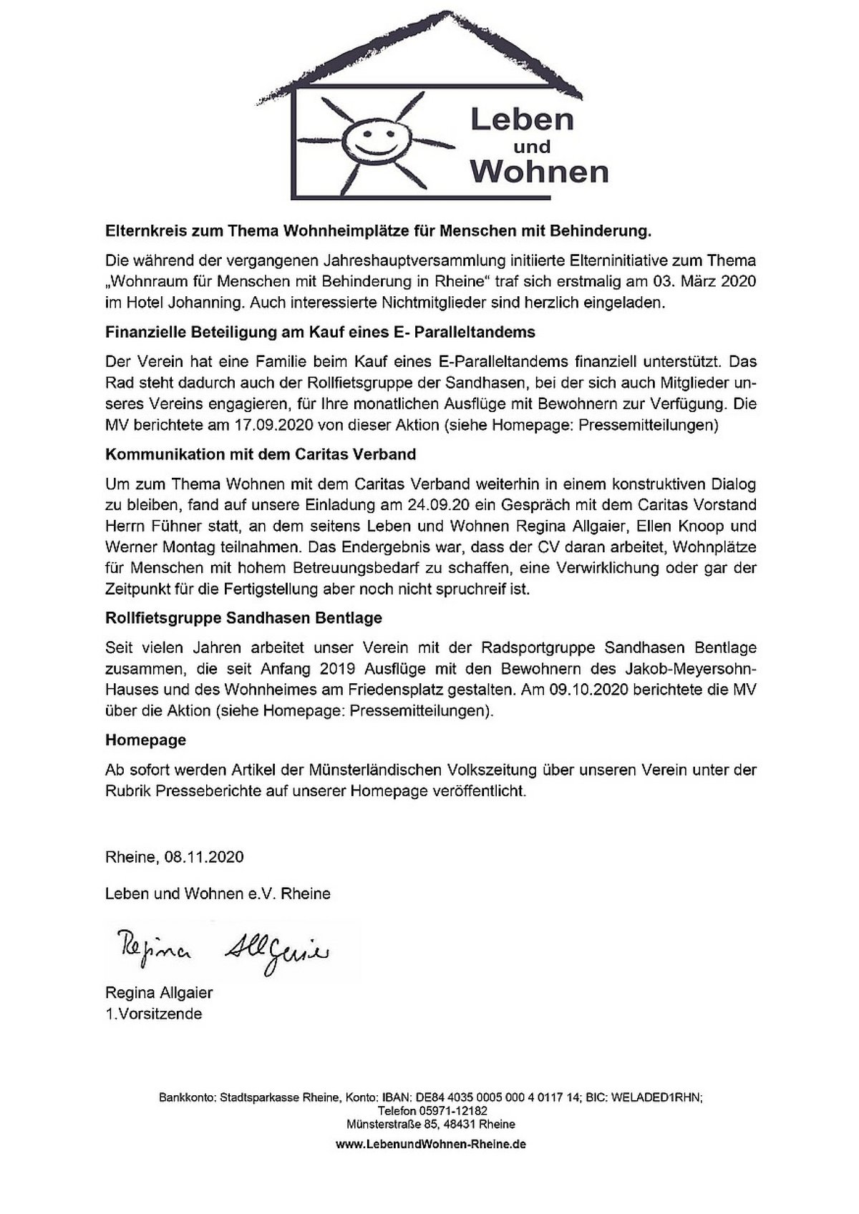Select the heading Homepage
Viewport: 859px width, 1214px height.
tap(145, 740)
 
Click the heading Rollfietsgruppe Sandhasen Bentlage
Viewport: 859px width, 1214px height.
tap(244, 617)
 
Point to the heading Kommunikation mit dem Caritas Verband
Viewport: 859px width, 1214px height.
tap(261, 454)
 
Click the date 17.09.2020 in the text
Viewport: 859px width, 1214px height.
tap(276, 425)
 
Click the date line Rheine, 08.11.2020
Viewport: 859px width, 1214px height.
tap(175, 857)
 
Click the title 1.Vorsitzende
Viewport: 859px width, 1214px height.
tap(153, 1014)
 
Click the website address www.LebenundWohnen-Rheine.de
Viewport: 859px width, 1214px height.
tap(431, 1144)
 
